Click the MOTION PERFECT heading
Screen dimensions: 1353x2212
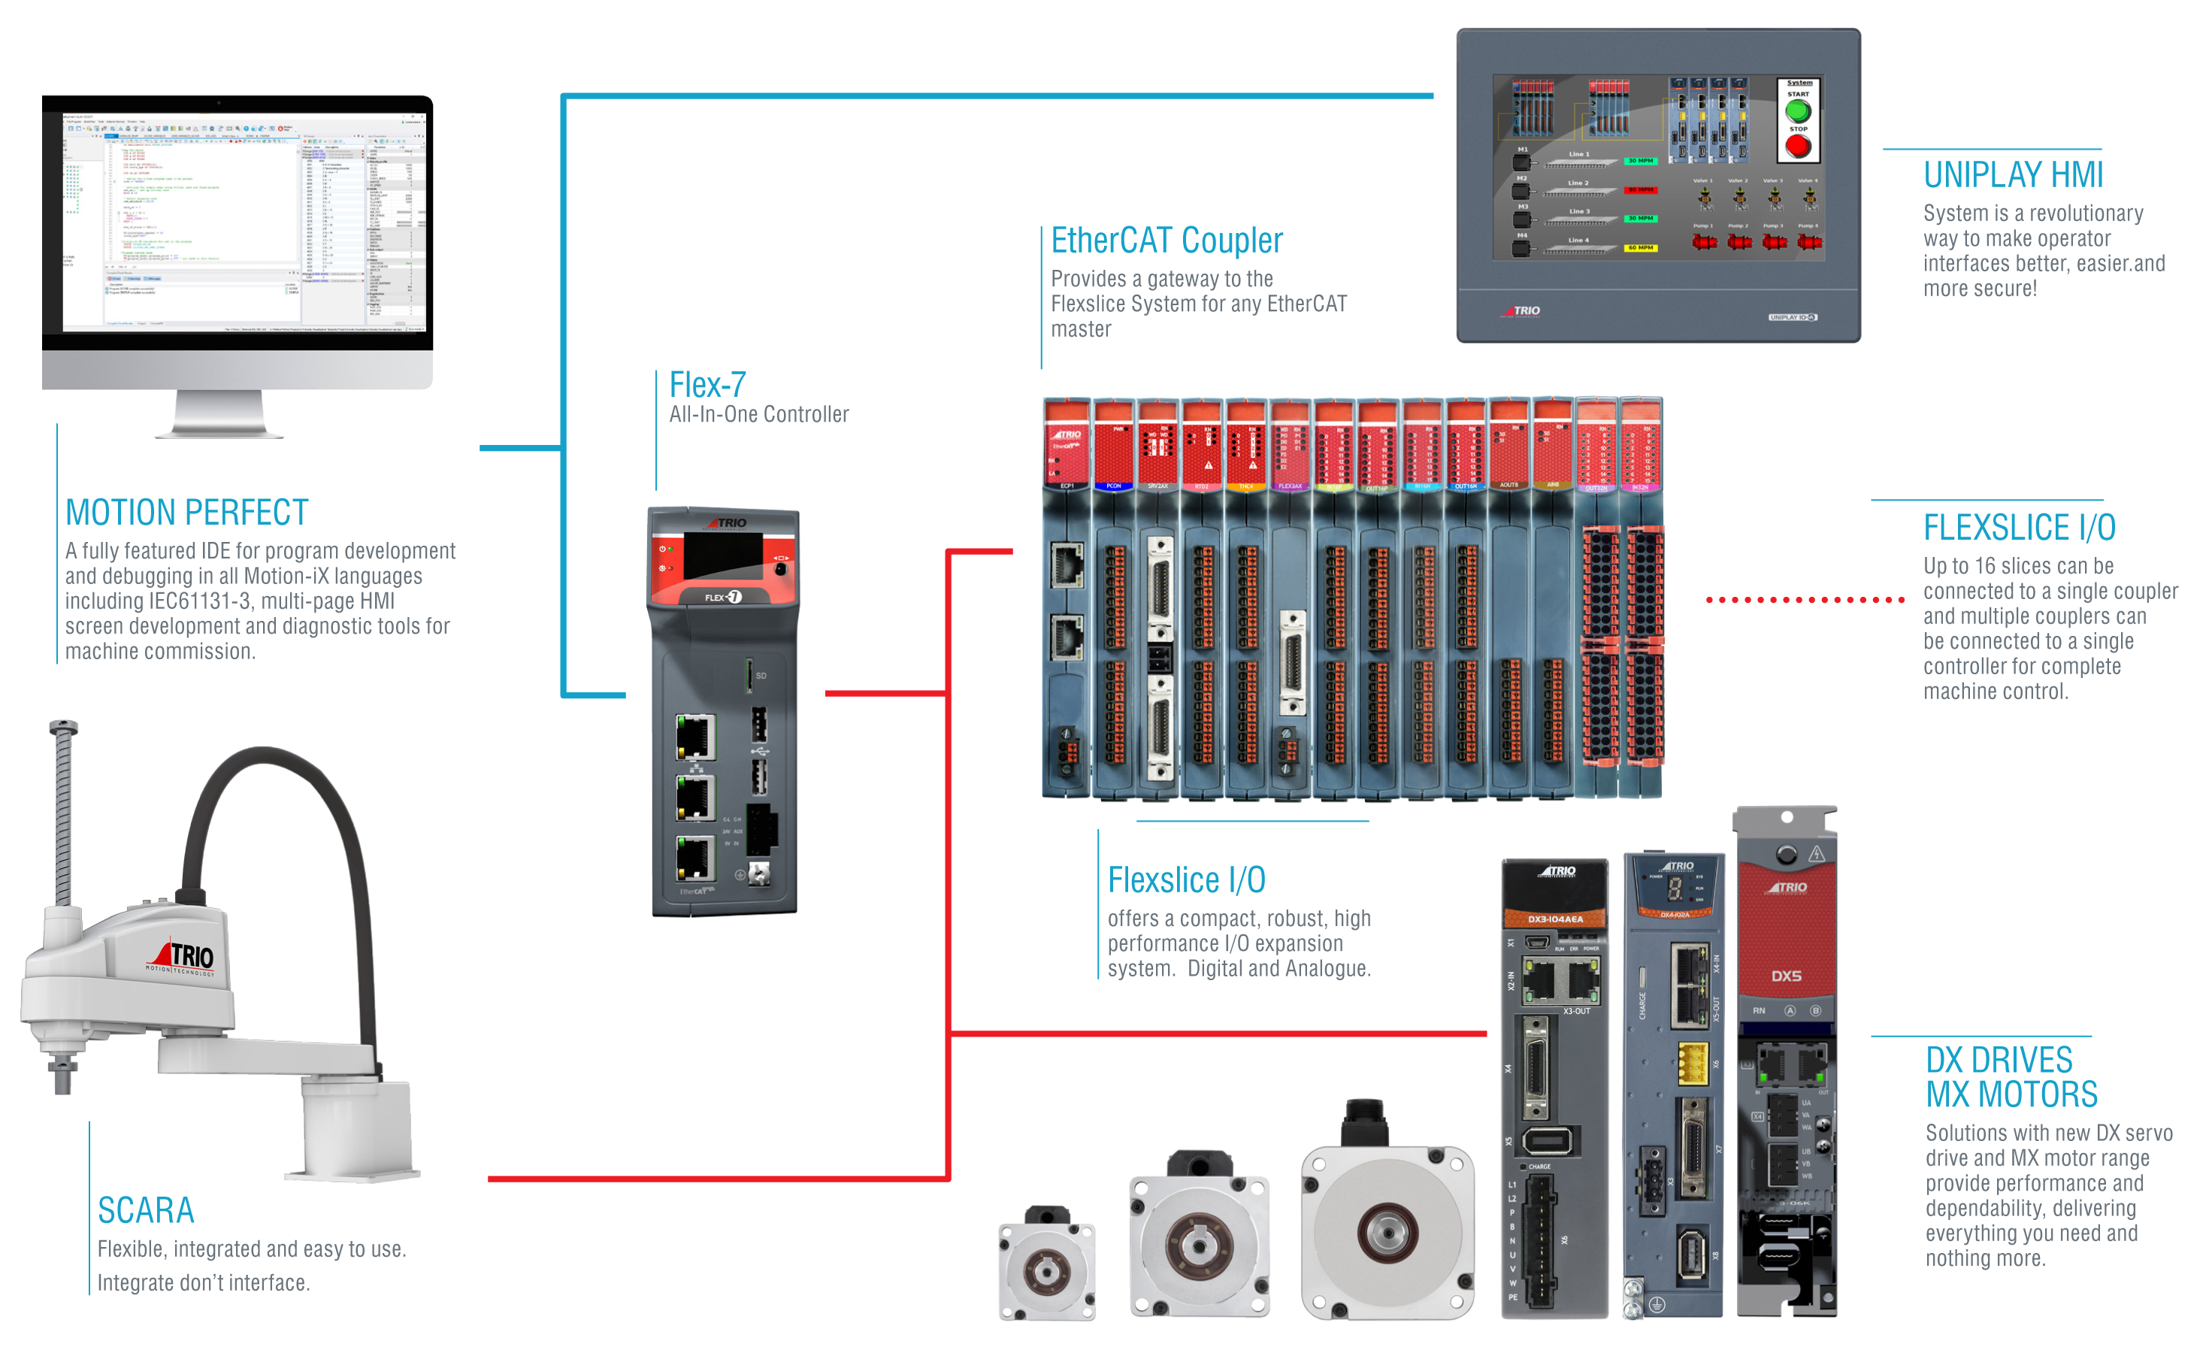pyautogui.click(x=186, y=513)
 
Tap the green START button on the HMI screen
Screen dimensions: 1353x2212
pyautogui.click(x=1798, y=111)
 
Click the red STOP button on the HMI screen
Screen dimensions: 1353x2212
pyautogui.click(x=1798, y=147)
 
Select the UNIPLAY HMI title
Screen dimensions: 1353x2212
pyautogui.click(x=2013, y=175)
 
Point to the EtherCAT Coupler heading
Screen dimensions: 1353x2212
pyautogui.click(x=1167, y=241)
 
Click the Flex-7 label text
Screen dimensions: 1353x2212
pyautogui.click(x=707, y=385)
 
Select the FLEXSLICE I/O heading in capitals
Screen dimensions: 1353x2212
pyautogui.click(x=2019, y=528)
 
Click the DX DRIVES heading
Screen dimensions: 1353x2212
pyautogui.click(x=1999, y=1061)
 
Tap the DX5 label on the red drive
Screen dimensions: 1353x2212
pyautogui.click(x=1786, y=976)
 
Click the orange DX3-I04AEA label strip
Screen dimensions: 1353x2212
pyautogui.click(x=1555, y=919)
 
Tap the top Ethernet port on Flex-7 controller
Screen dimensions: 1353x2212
pyautogui.click(x=694, y=737)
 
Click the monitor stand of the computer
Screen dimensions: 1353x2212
pyautogui.click(x=219, y=415)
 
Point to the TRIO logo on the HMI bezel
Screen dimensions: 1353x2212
pyautogui.click(x=1523, y=310)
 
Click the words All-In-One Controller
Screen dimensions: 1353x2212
pyautogui.click(x=758, y=415)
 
